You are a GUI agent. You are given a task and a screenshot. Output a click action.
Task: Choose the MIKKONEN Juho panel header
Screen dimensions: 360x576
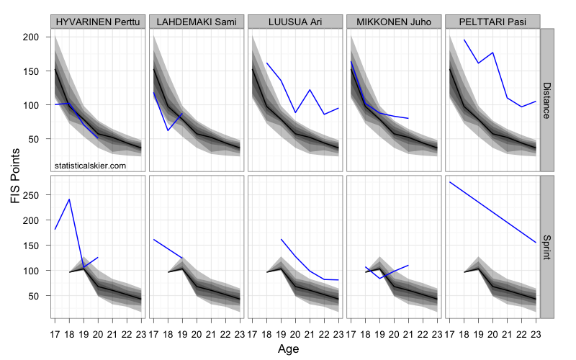pyautogui.click(x=395, y=22)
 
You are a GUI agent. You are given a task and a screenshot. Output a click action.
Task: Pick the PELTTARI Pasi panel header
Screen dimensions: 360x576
pyautogui.click(x=493, y=22)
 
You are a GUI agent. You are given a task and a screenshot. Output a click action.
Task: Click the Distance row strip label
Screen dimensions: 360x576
pyautogui.click(x=546, y=100)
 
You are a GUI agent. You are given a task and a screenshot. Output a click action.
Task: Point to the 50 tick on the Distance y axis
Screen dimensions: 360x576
pyautogui.click(x=40, y=138)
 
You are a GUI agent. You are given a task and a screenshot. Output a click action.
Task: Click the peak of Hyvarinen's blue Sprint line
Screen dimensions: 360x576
pyautogui.click(x=69, y=199)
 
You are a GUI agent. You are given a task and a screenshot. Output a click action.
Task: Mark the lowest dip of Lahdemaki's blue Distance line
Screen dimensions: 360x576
pyautogui.click(x=168, y=130)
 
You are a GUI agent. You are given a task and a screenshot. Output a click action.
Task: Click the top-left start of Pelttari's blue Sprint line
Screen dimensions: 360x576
pyautogui.click(x=450, y=182)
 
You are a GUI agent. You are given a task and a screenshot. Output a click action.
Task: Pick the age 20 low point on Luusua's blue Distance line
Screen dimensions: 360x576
pyautogui.click(x=295, y=112)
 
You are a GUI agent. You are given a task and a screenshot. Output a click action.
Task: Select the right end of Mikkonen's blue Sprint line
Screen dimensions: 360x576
pyautogui.click(x=408, y=266)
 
